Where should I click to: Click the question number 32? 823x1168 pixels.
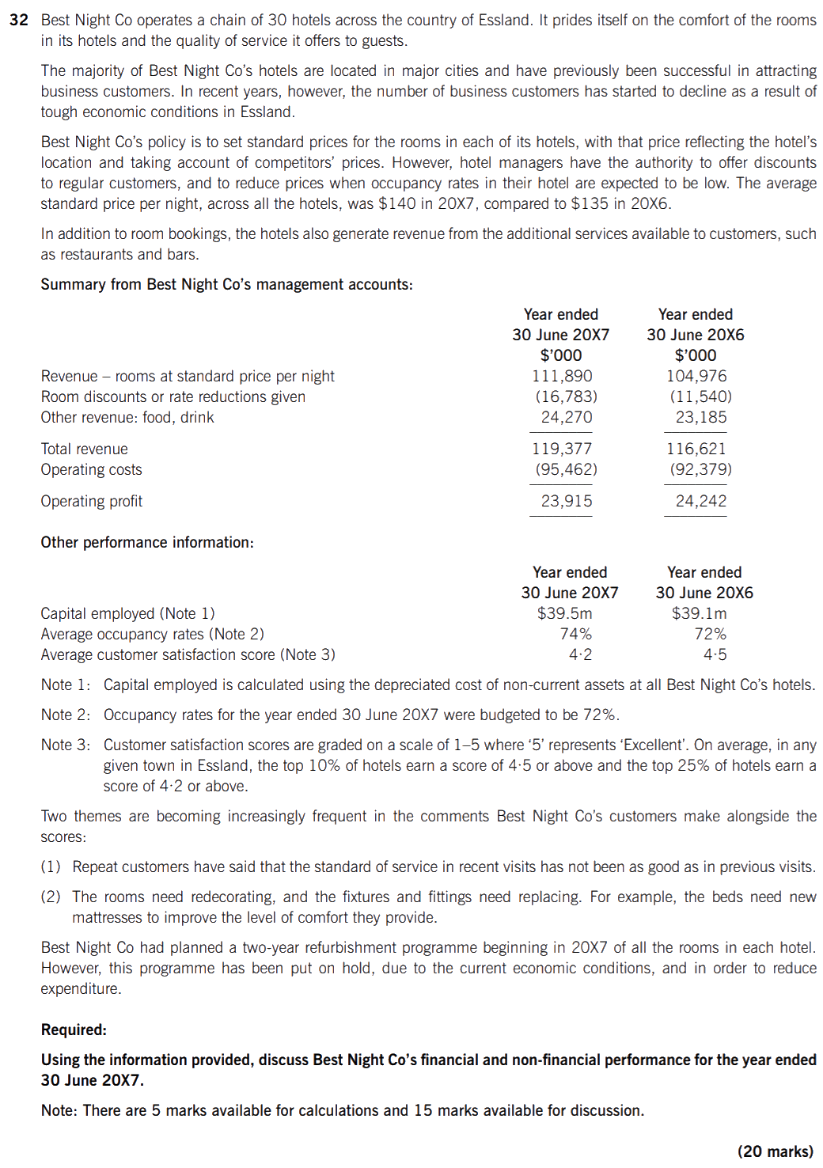coord(19,20)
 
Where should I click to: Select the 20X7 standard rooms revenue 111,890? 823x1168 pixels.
coord(562,376)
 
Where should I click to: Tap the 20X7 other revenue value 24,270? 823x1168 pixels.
coord(567,417)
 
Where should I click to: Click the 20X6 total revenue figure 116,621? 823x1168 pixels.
coord(696,449)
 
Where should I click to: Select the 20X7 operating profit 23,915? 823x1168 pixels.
coord(567,501)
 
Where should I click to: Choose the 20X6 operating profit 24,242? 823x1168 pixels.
coord(700,501)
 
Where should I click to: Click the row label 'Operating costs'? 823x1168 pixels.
coord(92,469)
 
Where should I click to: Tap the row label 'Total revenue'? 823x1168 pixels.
coord(85,449)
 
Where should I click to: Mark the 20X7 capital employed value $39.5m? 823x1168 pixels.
coord(564,613)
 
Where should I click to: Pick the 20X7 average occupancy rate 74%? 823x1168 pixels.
coord(575,634)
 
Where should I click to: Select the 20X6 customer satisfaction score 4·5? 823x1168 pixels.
coord(715,654)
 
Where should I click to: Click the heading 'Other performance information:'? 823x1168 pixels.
coord(147,542)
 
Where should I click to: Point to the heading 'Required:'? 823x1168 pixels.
coord(74,1030)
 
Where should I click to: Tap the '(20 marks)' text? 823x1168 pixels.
coord(775,1151)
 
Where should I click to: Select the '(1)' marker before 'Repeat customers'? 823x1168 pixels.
coord(51,867)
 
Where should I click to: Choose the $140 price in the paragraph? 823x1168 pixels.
coord(394,203)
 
